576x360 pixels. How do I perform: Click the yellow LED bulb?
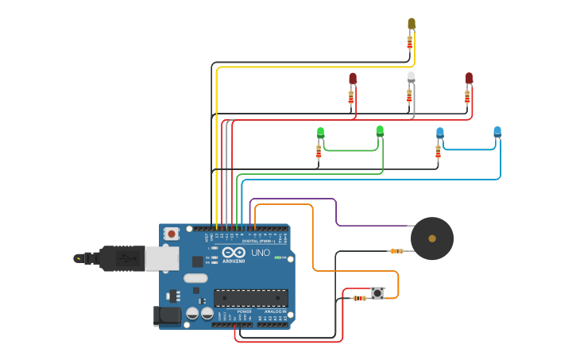(411, 24)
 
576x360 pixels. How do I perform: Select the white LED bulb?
(411, 77)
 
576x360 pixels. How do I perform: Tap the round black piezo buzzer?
(432, 238)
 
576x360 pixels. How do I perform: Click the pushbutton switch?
(377, 293)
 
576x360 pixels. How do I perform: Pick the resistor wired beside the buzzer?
(396, 252)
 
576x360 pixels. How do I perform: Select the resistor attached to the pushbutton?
(359, 298)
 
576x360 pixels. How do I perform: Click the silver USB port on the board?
(161, 257)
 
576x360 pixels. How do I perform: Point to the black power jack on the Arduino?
(168, 315)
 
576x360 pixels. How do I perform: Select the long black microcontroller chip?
(250, 298)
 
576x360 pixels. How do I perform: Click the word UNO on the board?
(261, 253)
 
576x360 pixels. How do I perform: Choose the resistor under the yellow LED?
(410, 42)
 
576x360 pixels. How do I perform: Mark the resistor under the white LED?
(410, 95)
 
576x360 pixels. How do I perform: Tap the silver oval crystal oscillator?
(195, 278)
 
